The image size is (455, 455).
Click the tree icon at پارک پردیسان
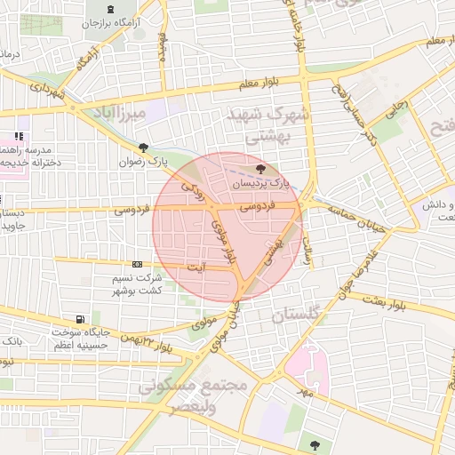pos(259,169)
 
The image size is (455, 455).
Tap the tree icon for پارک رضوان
pos(143,148)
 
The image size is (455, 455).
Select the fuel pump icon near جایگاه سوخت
pos(81,319)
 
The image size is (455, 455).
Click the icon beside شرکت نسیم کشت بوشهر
pos(136,265)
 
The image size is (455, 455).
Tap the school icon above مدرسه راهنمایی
pos(18,138)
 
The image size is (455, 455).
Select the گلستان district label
pos(299,315)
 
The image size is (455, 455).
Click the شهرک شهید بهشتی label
pos(266,126)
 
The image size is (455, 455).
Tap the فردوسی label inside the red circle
pos(259,205)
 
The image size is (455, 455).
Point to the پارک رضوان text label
pos(146,163)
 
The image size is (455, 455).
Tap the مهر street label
pos(306,391)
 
